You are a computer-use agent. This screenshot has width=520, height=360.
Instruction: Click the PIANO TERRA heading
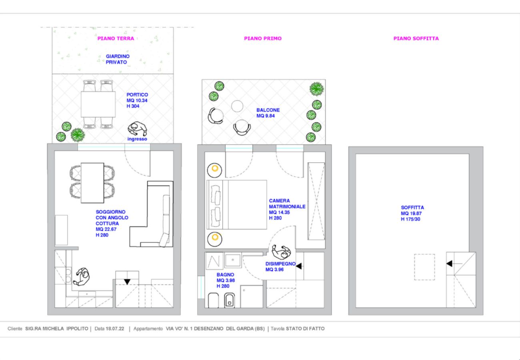116,39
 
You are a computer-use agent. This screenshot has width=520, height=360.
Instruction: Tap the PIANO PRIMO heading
263,39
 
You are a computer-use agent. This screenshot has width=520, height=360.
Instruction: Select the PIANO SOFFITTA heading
416,39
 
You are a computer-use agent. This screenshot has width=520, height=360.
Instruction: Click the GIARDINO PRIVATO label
118,60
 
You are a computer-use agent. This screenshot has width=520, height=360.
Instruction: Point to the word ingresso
137,139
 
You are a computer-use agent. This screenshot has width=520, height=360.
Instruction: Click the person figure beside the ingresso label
137,129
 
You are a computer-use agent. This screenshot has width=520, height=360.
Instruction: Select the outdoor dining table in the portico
98,104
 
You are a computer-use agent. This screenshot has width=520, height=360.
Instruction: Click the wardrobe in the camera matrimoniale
316,201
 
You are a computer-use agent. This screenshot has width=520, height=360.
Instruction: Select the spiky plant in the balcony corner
316,88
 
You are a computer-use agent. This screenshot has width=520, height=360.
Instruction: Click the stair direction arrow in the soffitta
450,264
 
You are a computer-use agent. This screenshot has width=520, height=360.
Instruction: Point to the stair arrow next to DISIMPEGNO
298,266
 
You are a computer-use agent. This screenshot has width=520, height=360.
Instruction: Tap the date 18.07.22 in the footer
114,329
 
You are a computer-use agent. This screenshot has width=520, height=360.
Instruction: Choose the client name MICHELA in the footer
51,329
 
